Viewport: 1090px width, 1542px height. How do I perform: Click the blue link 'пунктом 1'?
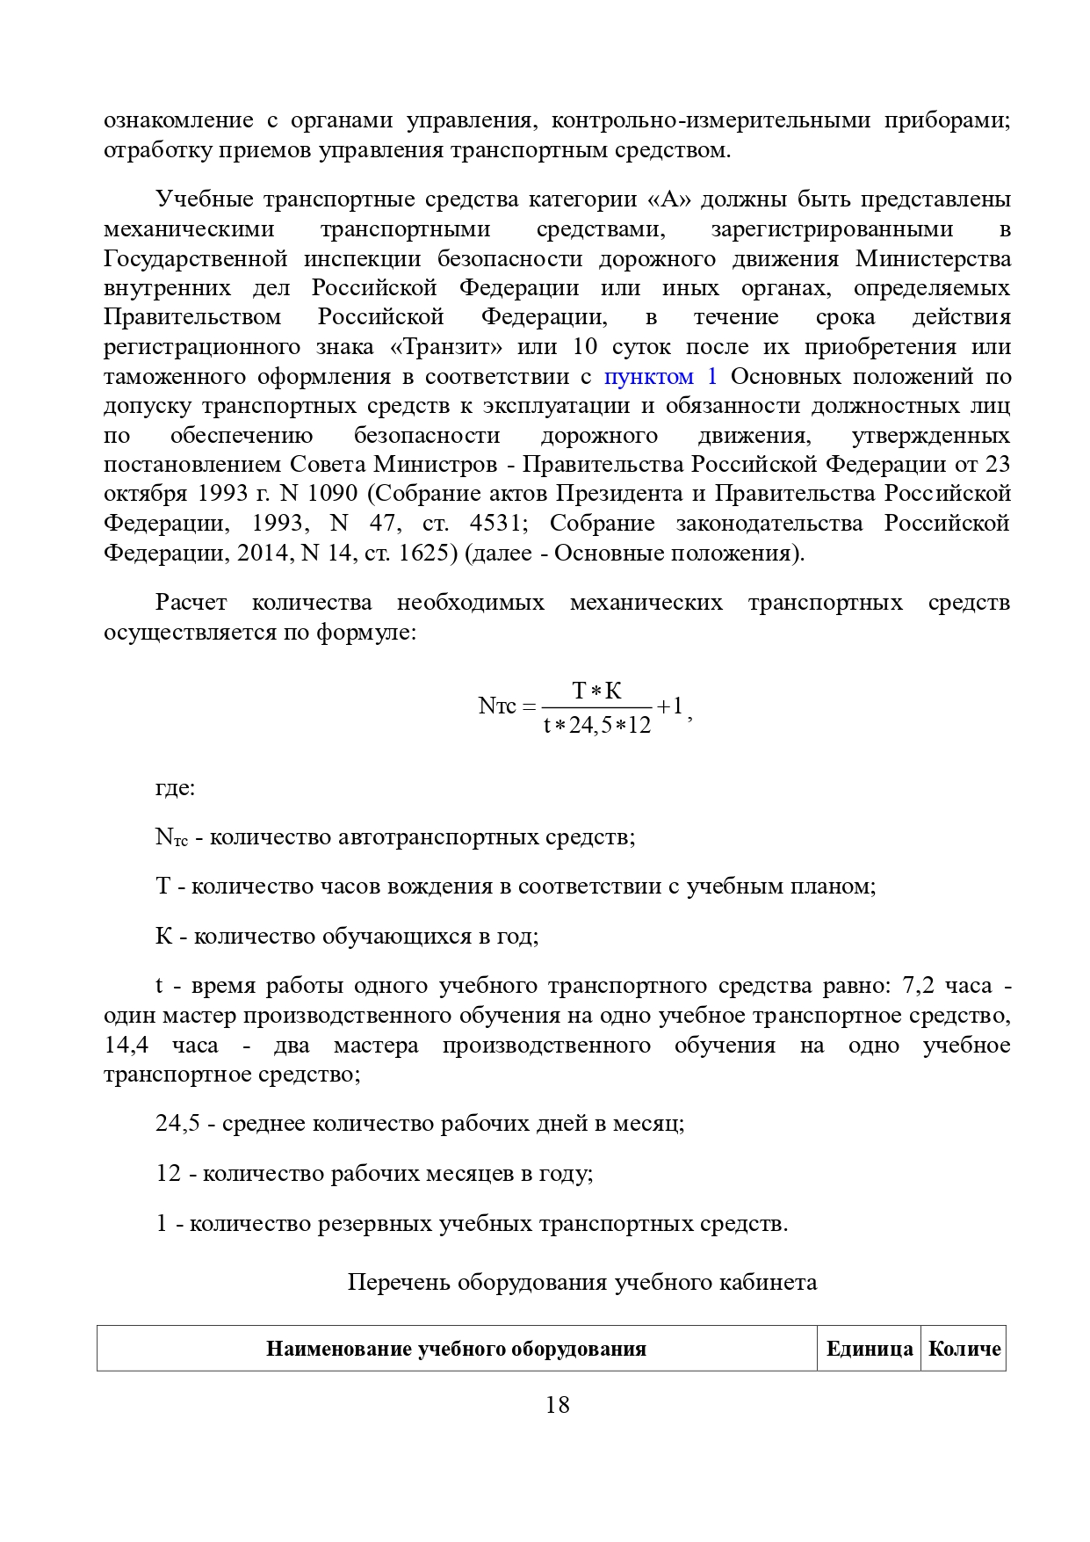[660, 377]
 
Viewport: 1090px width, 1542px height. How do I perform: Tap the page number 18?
[557, 1404]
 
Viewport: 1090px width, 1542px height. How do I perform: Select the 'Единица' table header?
[869, 1349]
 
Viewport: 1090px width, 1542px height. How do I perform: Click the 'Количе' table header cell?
[964, 1349]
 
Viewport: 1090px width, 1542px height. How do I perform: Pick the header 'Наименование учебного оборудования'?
[456, 1349]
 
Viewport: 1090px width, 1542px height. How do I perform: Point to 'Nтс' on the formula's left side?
[497, 706]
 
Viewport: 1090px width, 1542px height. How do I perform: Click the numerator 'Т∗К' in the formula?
[597, 691]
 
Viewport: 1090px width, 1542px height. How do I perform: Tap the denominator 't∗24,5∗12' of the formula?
[597, 725]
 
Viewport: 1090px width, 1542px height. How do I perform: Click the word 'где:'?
[175, 787]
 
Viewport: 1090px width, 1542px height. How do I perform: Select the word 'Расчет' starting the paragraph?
[191, 603]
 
